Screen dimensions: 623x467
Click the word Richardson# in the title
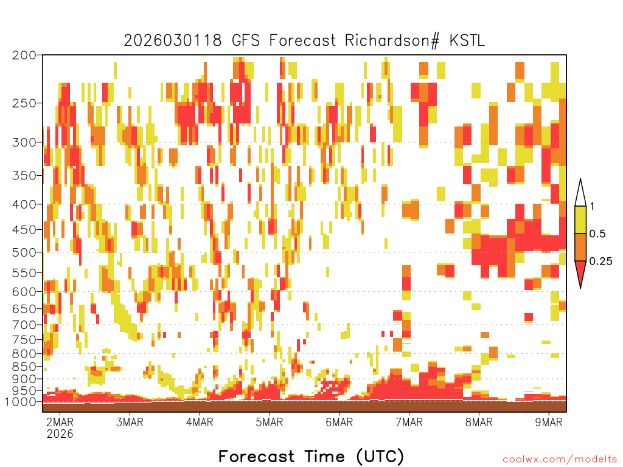[x=392, y=41]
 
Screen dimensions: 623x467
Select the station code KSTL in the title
[x=467, y=41]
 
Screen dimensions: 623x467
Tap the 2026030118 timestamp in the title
[x=172, y=41]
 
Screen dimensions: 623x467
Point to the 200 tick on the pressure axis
[x=24, y=55]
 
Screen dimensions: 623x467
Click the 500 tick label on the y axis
[x=24, y=252]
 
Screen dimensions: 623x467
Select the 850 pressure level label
[x=24, y=366]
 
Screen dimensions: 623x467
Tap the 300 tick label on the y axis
[x=24, y=142]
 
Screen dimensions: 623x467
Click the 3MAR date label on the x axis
[x=130, y=422]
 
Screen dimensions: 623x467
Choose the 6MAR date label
[x=339, y=422]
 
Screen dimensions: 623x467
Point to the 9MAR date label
[x=549, y=422]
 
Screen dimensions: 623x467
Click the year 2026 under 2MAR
[x=60, y=434]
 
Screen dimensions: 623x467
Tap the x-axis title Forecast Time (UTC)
[x=311, y=456]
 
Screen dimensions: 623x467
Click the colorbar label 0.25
[x=600, y=261]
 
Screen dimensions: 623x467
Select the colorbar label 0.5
[x=597, y=233]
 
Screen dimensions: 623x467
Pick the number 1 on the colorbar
[x=593, y=206]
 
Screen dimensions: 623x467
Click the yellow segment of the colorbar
[x=580, y=220]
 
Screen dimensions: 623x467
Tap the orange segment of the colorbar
[x=580, y=247]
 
